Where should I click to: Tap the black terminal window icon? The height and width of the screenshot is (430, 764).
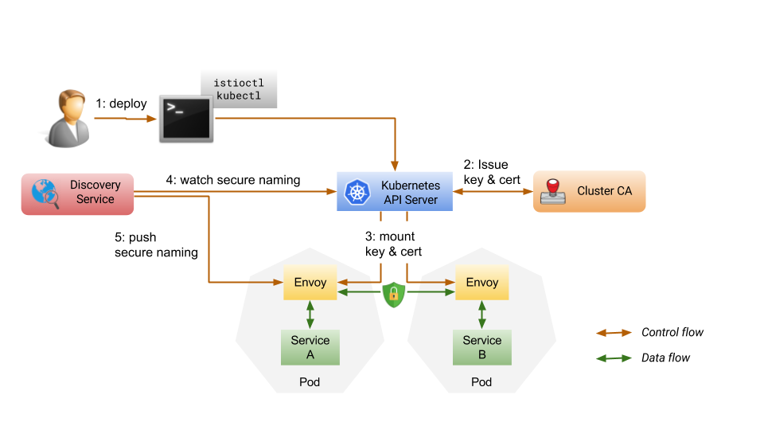click(185, 119)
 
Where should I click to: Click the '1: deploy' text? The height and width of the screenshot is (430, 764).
click(122, 104)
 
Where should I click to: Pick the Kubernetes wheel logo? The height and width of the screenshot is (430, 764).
click(356, 192)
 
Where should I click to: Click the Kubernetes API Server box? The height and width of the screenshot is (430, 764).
click(395, 192)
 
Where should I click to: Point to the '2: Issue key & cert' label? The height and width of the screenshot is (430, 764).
click(492, 173)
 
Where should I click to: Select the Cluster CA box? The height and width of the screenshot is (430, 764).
click(589, 191)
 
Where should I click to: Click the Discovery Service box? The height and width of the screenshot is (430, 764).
click(78, 193)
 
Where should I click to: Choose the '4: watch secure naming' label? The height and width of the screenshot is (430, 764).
click(232, 180)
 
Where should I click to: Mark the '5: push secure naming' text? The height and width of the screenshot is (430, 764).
click(156, 244)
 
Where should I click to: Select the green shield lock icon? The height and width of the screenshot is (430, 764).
click(393, 294)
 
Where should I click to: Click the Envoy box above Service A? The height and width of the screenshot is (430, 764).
click(310, 283)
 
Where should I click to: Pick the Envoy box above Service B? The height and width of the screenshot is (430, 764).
click(481, 283)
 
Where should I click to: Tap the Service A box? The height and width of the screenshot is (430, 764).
click(310, 347)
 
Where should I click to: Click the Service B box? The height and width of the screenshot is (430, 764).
click(481, 347)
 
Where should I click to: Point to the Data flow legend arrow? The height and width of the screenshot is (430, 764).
click(614, 358)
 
